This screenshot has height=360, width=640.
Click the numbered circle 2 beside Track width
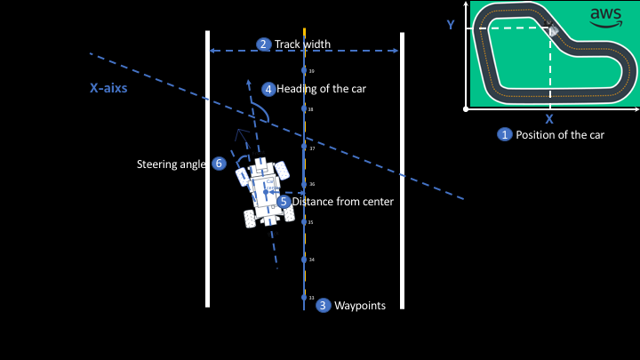[x=263, y=44]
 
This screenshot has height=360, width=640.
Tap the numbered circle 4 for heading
[x=268, y=89]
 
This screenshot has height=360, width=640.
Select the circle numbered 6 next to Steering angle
[x=219, y=164]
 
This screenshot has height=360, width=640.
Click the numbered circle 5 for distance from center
[x=284, y=202]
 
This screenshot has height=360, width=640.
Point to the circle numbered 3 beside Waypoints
[x=324, y=305]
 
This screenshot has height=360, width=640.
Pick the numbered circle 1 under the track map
[x=505, y=135]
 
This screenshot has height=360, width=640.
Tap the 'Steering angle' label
[x=172, y=164]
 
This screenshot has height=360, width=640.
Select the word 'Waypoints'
[x=360, y=306]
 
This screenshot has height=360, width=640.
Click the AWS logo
[x=606, y=17]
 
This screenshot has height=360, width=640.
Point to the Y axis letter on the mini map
[x=451, y=25]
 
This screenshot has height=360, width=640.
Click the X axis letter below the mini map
[x=549, y=118]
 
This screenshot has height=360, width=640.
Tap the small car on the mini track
[x=552, y=30]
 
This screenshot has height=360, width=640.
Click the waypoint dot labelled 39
[x=304, y=69]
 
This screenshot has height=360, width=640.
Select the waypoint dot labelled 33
[x=304, y=297]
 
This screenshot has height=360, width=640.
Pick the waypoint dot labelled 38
[x=304, y=108]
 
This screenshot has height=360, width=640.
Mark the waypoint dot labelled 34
[x=304, y=260]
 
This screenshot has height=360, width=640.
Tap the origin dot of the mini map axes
[x=467, y=108]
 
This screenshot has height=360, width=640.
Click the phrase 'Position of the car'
[x=560, y=135]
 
